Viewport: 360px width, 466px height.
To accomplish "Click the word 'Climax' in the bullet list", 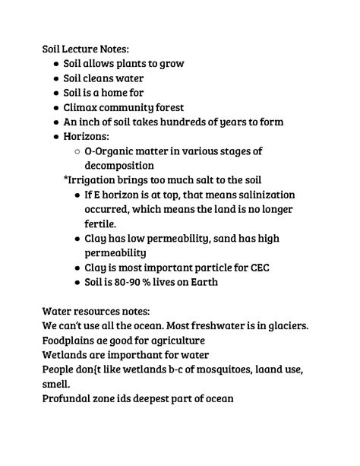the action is [84, 107].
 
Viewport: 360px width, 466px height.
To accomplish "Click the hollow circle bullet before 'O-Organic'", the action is [78, 151].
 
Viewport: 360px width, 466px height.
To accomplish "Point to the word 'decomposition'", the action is [119, 165].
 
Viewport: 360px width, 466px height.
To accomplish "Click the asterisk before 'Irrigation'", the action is [66, 180].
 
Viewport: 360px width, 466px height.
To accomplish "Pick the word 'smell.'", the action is [58, 385].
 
